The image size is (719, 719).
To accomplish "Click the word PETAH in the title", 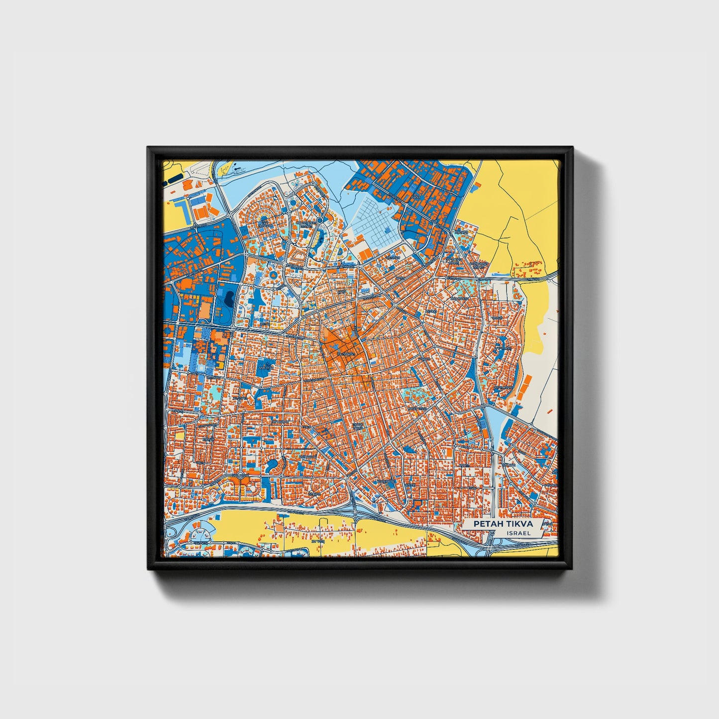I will pos(487,524).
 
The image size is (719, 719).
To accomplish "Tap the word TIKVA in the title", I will pos(517,524).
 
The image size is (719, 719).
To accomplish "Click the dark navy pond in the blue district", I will pos(229,299).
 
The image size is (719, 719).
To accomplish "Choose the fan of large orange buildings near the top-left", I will pos(204,211).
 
